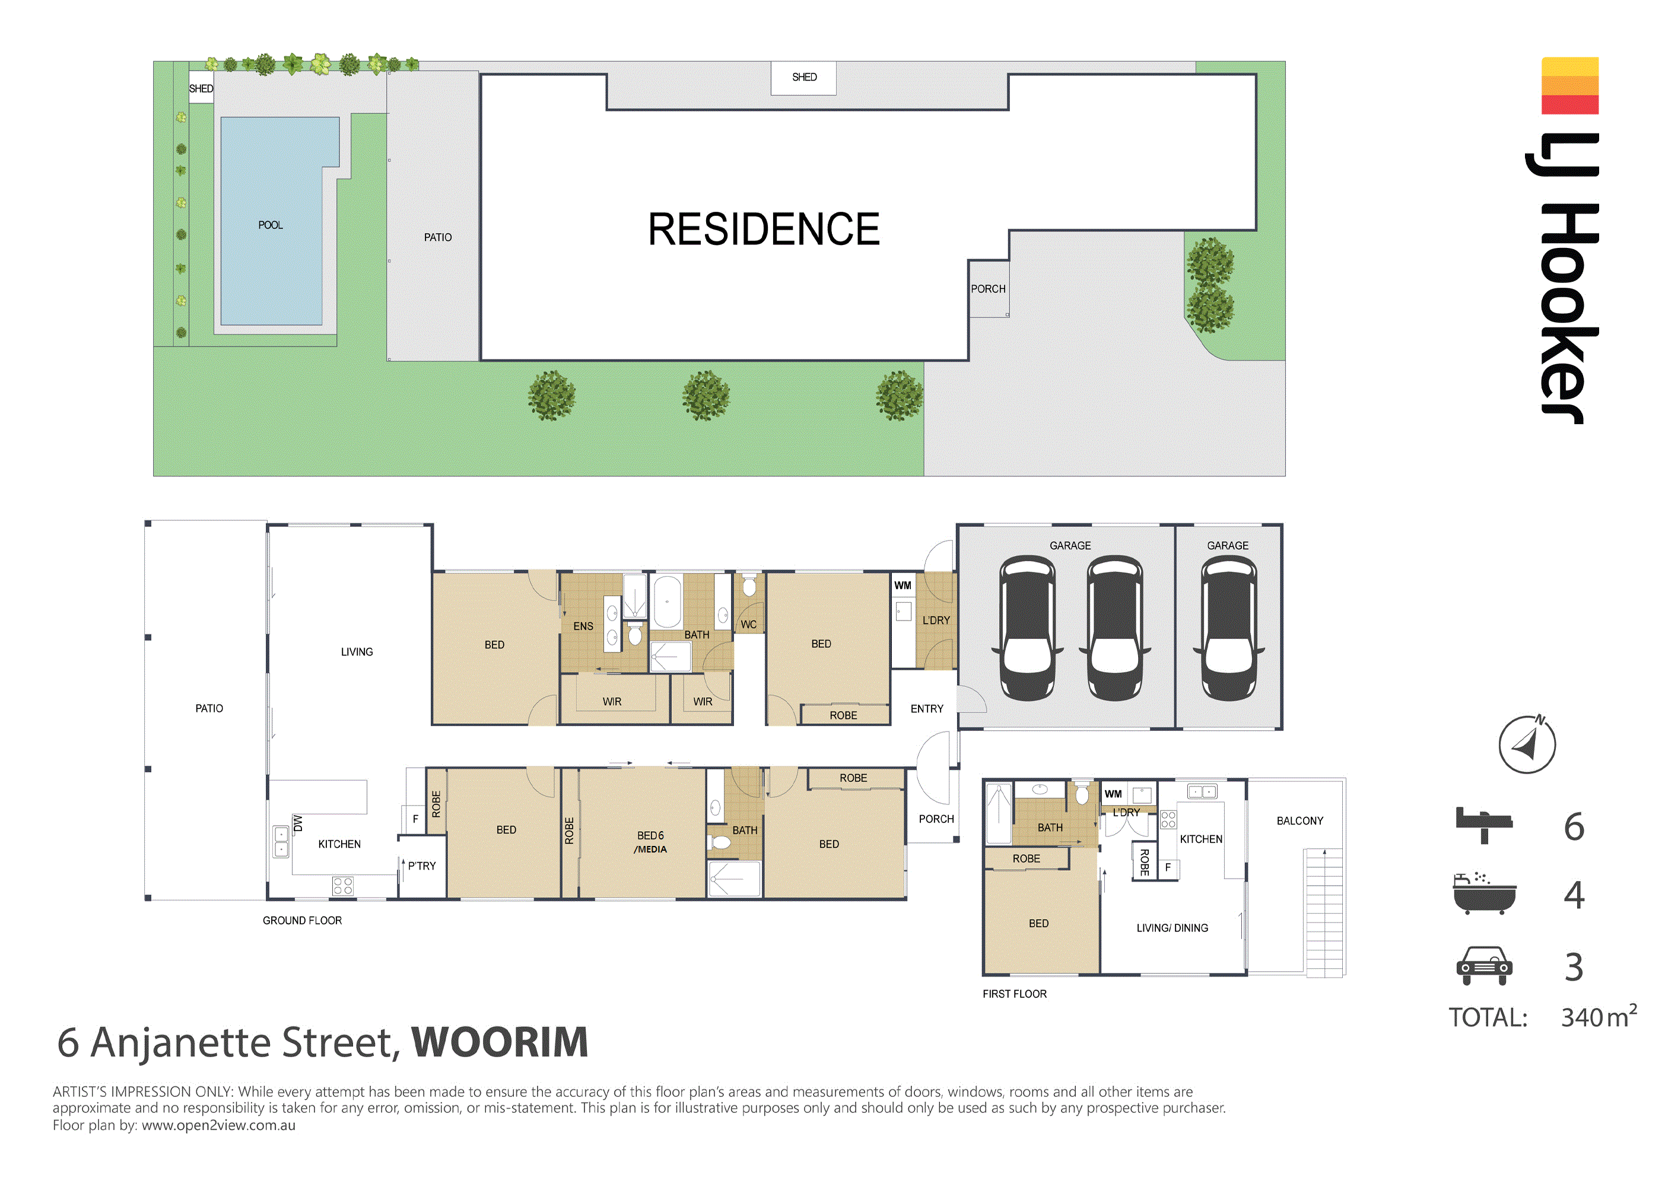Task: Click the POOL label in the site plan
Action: pyautogui.click(x=271, y=225)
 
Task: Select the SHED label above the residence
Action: pyautogui.click(x=803, y=77)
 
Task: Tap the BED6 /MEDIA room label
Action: pyautogui.click(x=650, y=842)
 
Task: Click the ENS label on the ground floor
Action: pyautogui.click(x=583, y=626)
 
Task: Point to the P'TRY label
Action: pyautogui.click(x=421, y=866)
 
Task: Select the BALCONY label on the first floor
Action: pyautogui.click(x=1299, y=821)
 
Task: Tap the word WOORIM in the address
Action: pyautogui.click(x=500, y=1042)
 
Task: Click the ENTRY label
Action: pyautogui.click(x=927, y=708)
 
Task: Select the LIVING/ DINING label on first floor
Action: pyautogui.click(x=1172, y=927)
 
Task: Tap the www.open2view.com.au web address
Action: pyautogui.click(x=218, y=1125)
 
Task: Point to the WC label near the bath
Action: pyautogui.click(x=748, y=625)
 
